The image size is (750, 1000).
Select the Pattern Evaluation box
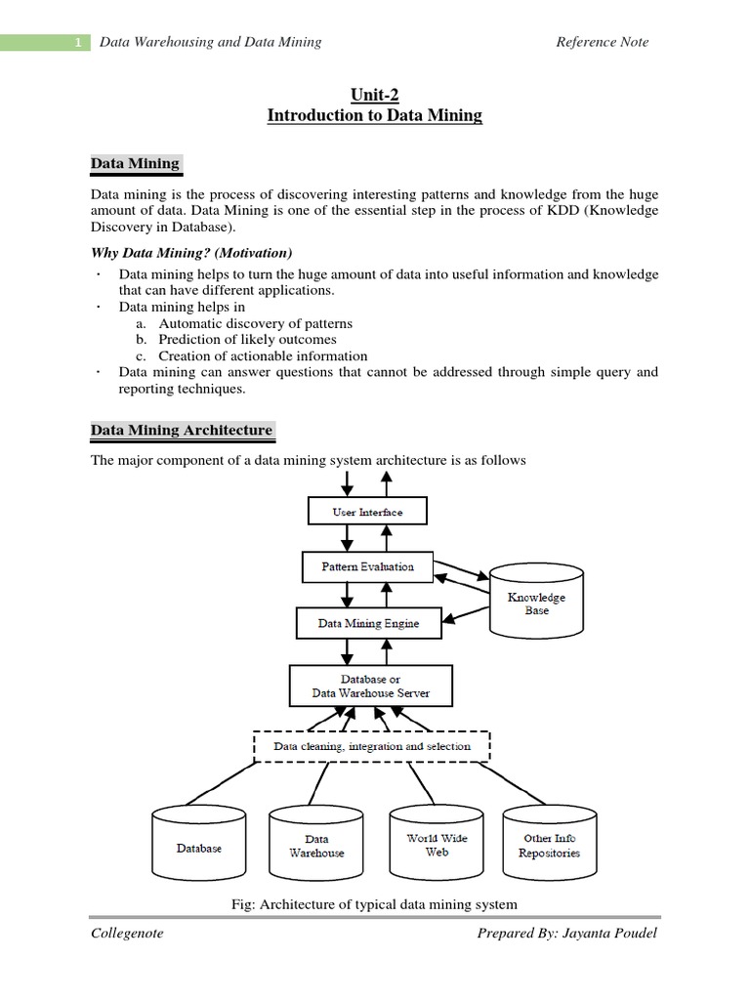pyautogui.click(x=367, y=566)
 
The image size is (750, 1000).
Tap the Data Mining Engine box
pyautogui.click(x=368, y=622)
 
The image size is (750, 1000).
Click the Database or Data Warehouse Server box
pyautogui.click(x=370, y=686)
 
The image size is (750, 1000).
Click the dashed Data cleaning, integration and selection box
pyautogui.click(x=371, y=746)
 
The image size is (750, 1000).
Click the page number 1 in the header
pyautogui.click(x=78, y=43)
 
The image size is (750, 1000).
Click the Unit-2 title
pyautogui.click(x=375, y=95)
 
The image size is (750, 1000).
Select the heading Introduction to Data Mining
pyautogui.click(x=375, y=115)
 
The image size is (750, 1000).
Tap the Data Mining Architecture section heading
pyautogui.click(x=182, y=430)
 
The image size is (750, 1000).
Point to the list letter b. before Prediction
pyautogui.click(x=141, y=339)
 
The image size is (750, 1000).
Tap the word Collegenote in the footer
pyautogui.click(x=127, y=933)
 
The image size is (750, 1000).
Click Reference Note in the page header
pyautogui.click(x=602, y=42)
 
